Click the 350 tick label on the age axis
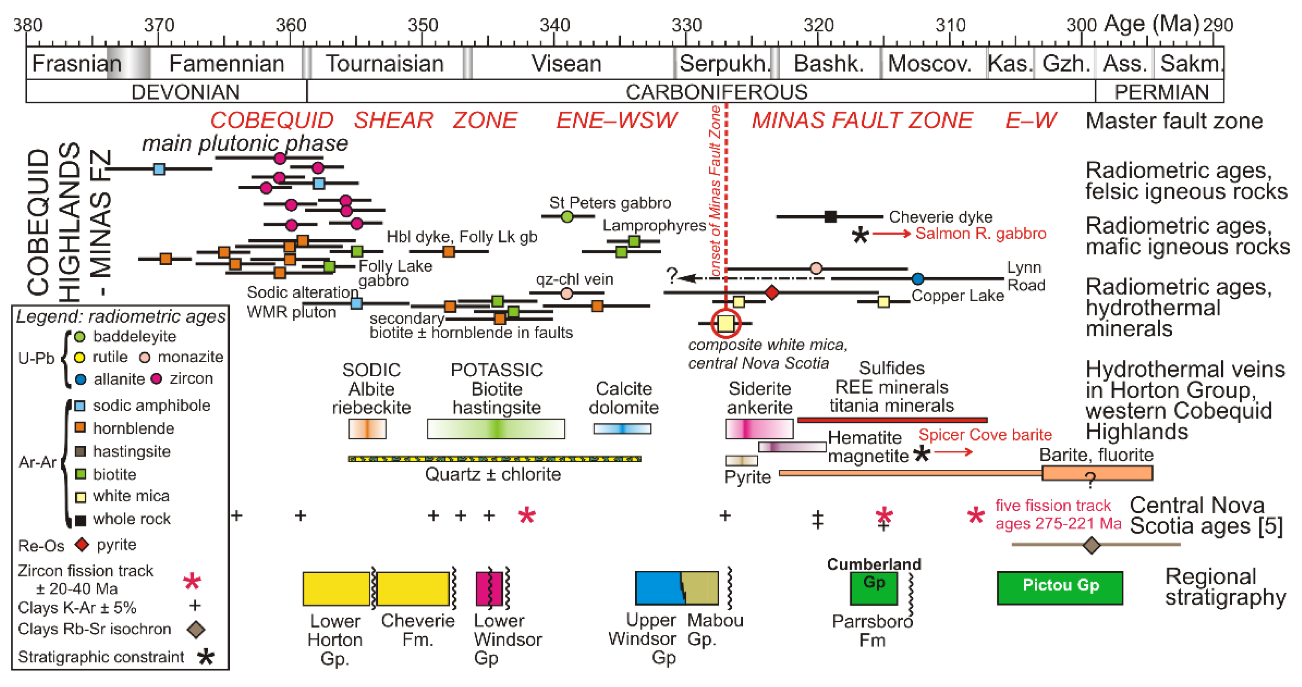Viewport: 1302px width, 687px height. click(x=423, y=25)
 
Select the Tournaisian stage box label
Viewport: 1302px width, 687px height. click(x=385, y=64)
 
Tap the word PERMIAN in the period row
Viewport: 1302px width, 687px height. click(x=1161, y=92)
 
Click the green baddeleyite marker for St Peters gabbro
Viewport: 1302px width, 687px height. click(x=567, y=217)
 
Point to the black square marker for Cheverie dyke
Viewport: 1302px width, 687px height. click(x=830, y=217)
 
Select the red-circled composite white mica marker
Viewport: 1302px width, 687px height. click(x=726, y=323)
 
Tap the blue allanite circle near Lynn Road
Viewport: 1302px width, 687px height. click(x=918, y=278)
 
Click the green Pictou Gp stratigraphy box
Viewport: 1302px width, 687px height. click(x=1060, y=588)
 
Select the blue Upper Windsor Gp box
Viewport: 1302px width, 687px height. click(x=658, y=588)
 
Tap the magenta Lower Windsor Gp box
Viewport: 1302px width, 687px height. click(x=489, y=588)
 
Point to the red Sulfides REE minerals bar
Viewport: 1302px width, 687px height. click(x=892, y=420)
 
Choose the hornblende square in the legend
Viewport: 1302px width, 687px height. click(x=80, y=428)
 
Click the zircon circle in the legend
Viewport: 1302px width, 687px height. click(x=157, y=378)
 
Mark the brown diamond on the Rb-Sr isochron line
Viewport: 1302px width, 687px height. click(x=1092, y=545)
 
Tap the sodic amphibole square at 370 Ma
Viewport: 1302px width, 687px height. click(x=159, y=169)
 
